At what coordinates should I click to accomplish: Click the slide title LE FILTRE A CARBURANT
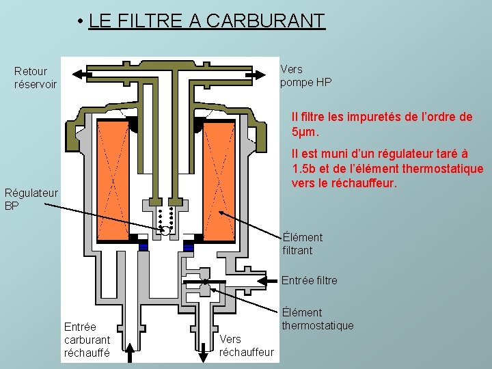pos(207,20)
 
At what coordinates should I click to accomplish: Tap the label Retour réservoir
pos(35,78)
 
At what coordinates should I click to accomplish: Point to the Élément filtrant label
pos(302,244)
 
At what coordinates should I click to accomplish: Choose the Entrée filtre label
pos(310,281)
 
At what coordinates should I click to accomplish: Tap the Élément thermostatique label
pos(318,319)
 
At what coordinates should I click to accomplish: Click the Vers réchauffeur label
pos(246,346)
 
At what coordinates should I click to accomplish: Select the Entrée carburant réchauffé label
pos(87,340)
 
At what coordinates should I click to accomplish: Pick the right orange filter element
pos(219,180)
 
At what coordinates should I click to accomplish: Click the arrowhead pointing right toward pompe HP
pos(261,74)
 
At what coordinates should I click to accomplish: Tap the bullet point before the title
pos(81,21)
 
